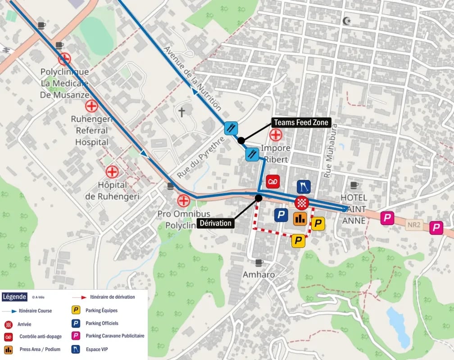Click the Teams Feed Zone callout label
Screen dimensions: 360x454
click(301, 122)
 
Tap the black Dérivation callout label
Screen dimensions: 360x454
click(215, 223)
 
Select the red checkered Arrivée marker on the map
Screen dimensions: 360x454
click(302, 203)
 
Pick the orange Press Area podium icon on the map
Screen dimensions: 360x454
click(300, 219)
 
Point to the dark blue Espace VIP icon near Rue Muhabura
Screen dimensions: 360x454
click(304, 187)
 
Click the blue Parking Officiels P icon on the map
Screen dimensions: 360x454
click(281, 215)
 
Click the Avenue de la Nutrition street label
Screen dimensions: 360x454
click(192, 78)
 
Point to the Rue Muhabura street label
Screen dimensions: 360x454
click(330, 149)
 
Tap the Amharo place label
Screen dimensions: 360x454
click(259, 274)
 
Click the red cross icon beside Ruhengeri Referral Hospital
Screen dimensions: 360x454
click(91, 106)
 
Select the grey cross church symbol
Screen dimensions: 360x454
click(182, 112)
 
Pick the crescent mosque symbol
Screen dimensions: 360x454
click(346, 21)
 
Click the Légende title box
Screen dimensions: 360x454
click(14, 297)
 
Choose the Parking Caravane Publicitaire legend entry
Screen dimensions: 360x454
click(114, 336)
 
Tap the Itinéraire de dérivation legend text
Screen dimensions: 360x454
click(112, 297)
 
